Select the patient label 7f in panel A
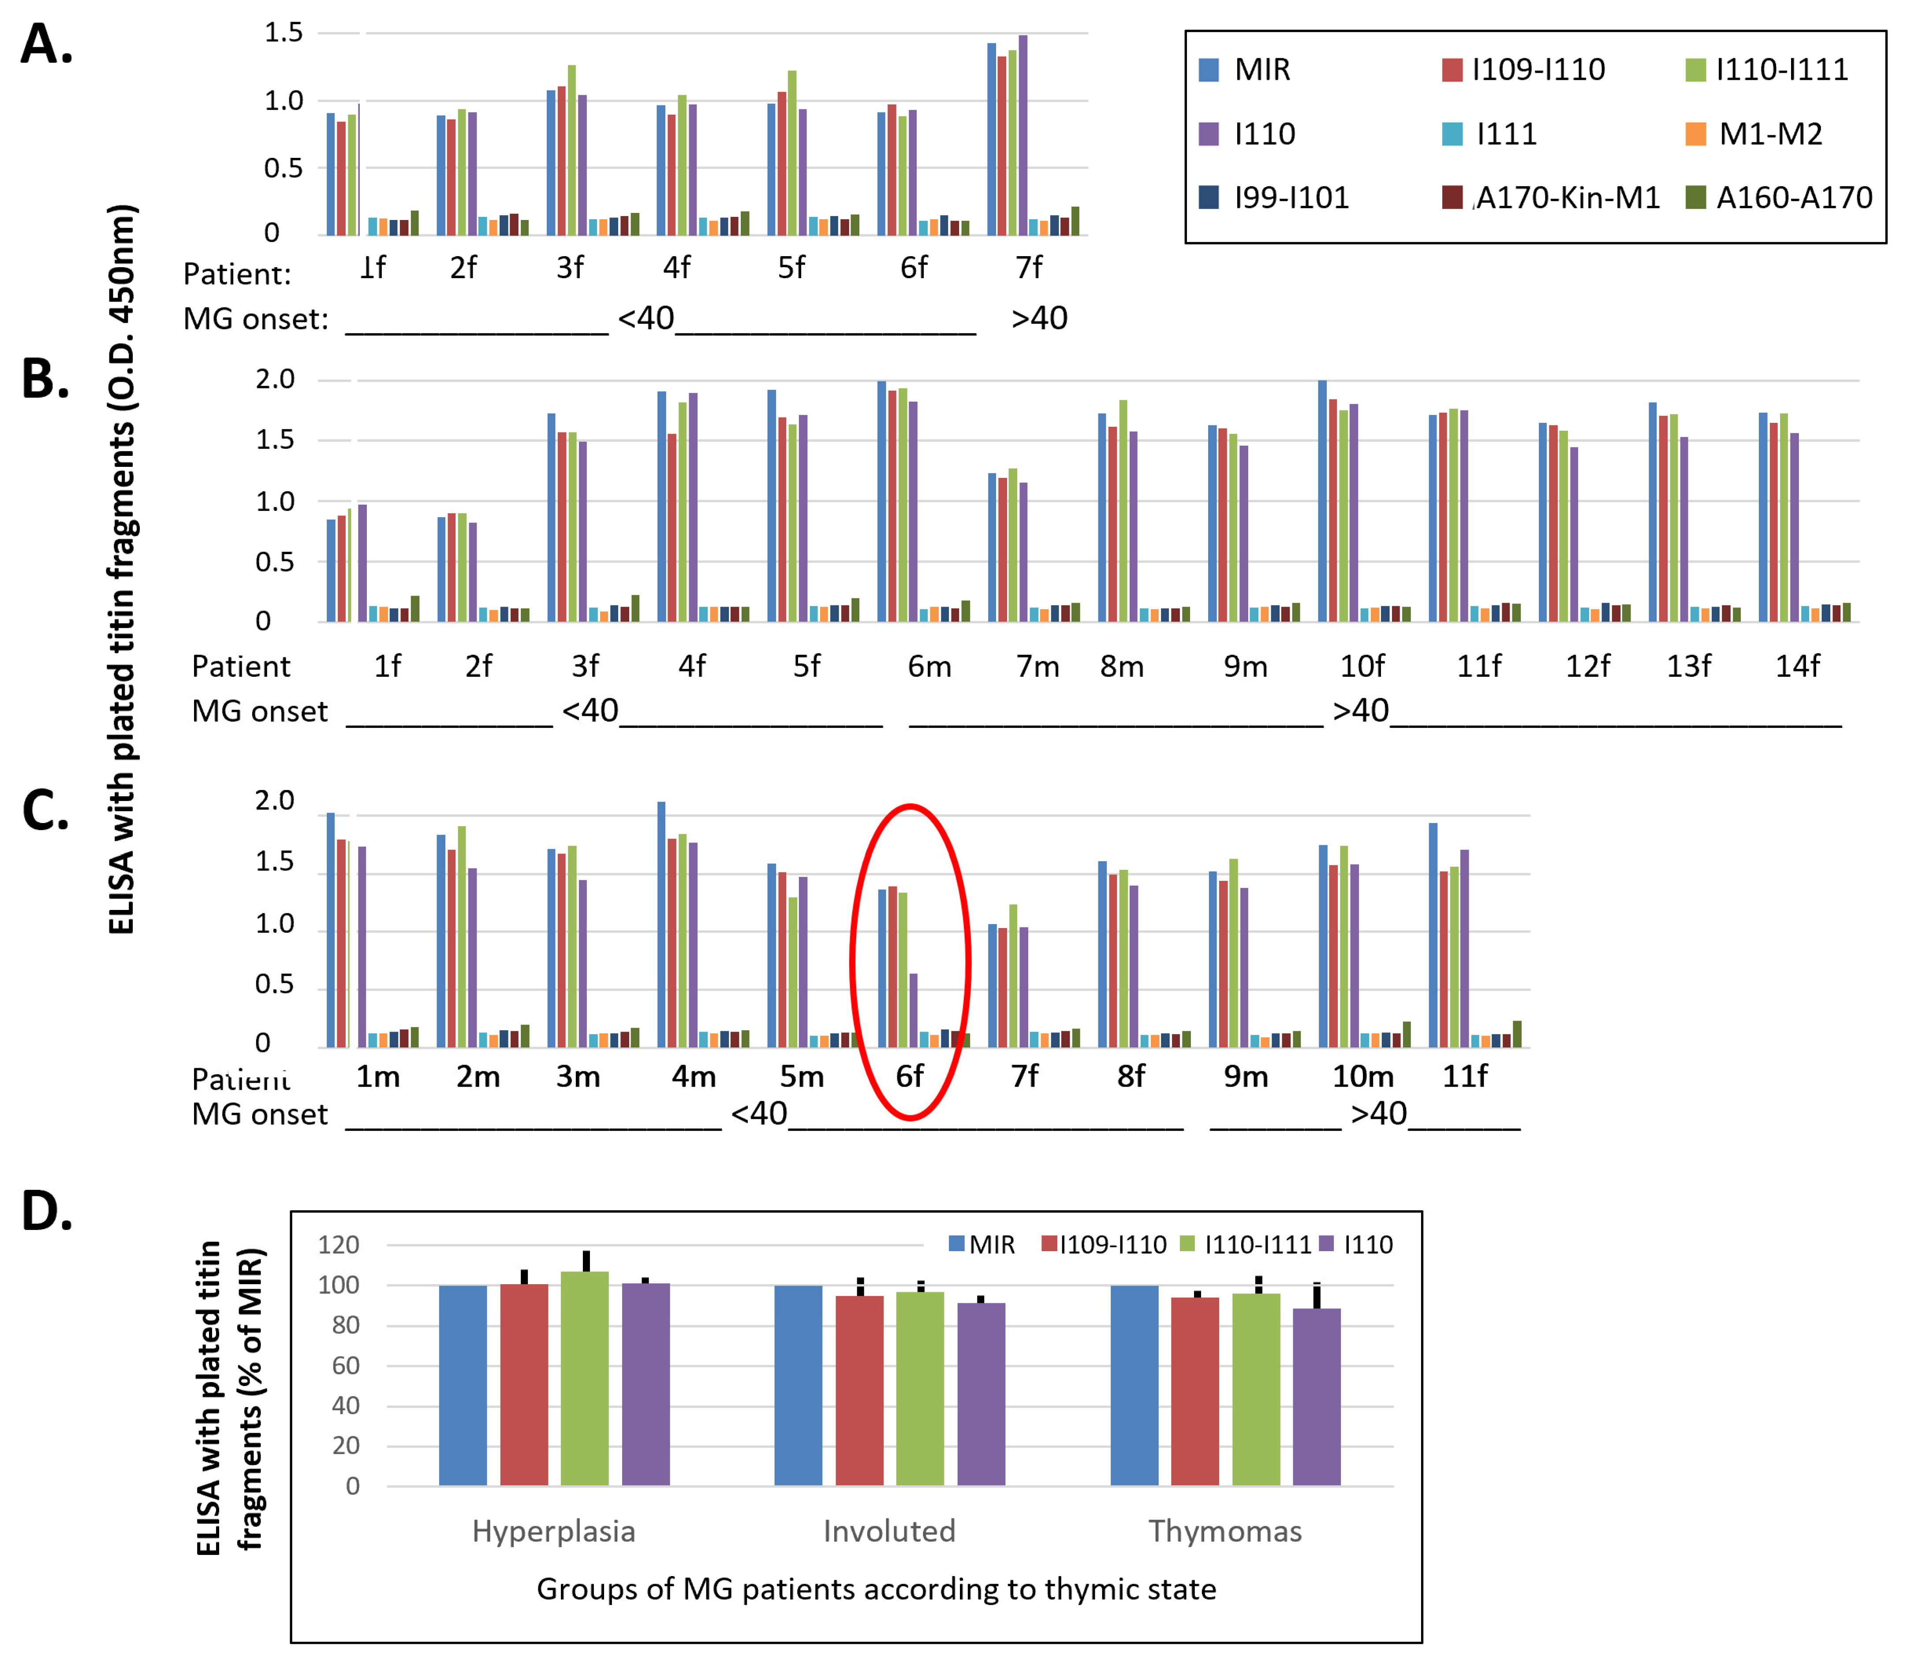1028,268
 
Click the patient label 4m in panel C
694,1077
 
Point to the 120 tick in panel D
339,1245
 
